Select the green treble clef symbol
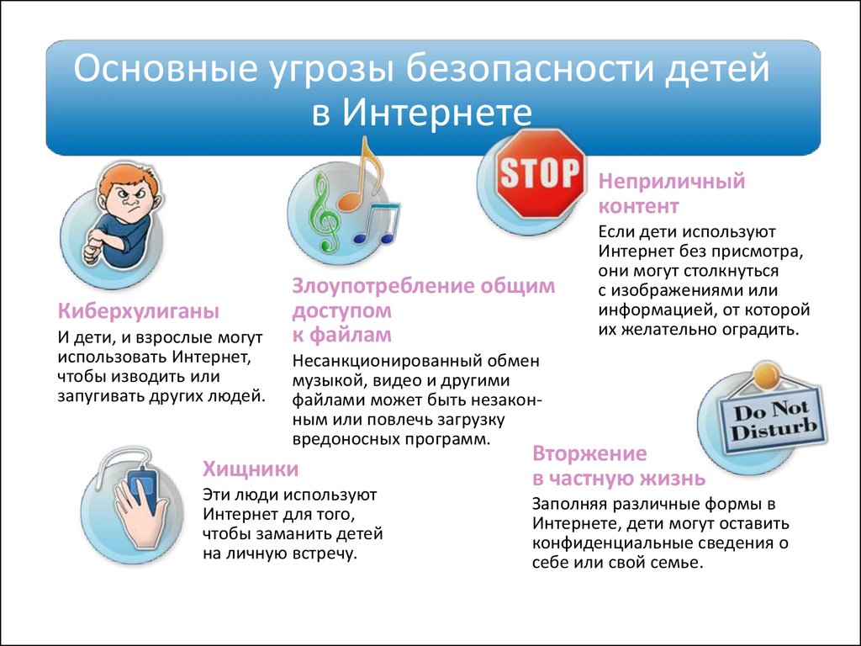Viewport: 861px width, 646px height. [x=324, y=217]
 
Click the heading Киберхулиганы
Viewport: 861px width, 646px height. [x=138, y=311]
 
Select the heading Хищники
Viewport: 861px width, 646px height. [x=250, y=469]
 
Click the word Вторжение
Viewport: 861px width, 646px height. [x=589, y=453]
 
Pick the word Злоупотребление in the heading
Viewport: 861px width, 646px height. [x=383, y=285]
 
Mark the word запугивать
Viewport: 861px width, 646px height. [x=103, y=396]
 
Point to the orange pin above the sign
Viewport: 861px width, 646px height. [x=765, y=373]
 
